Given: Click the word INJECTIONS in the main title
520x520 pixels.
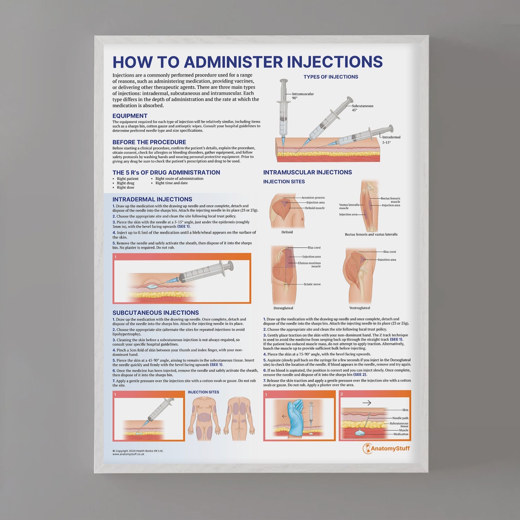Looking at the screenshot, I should tap(335, 62).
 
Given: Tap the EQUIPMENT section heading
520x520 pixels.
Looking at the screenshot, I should tap(130, 116).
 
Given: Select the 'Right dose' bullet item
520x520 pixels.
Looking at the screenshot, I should tap(125, 188).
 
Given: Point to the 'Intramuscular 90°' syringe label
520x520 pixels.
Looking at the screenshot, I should tap(303, 96).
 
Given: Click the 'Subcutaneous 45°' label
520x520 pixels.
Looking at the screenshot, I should tap(362, 108).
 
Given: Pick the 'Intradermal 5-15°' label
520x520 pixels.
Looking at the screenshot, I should tap(391, 139).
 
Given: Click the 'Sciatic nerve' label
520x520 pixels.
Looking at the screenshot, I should tap(312, 284).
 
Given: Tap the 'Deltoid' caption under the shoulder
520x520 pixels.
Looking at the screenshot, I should tap(287, 232).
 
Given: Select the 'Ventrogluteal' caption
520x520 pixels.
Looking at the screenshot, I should tap(359, 308).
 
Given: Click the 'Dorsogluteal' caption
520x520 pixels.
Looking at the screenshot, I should tap(283, 308).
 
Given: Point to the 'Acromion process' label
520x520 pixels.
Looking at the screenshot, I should tap(313, 198).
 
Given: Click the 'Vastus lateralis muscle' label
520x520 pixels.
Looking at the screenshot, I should tap(349, 206).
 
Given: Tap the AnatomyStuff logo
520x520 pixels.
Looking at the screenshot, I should tap(386, 449).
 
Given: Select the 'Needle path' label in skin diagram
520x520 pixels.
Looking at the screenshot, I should tap(400, 418).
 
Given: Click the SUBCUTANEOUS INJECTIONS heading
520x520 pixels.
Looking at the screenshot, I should tap(156, 313).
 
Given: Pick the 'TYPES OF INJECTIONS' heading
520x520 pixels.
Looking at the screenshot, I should tap(331, 77).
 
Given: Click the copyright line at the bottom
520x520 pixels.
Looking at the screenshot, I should tap(138, 451).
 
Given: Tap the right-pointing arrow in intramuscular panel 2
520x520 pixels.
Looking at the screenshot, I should tap(367, 403).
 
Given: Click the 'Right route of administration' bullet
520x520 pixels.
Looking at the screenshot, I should tap(179, 179).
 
